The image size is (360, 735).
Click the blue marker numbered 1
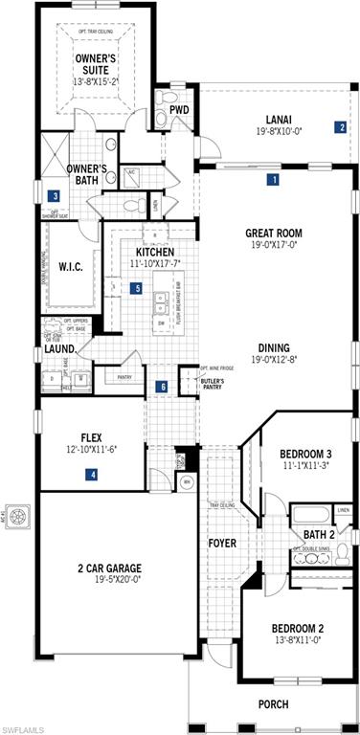tap(273, 179)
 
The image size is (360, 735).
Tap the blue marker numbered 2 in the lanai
tap(340, 126)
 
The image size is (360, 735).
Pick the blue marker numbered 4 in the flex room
tap(92, 474)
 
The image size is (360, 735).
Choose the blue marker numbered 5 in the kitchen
tap(137, 287)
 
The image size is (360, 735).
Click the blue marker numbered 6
tap(162, 387)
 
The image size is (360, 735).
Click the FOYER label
tap(222, 544)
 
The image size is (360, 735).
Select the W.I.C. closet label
tap(71, 267)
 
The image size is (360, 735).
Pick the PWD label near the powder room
tap(180, 110)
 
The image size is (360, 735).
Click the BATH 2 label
tap(319, 534)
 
